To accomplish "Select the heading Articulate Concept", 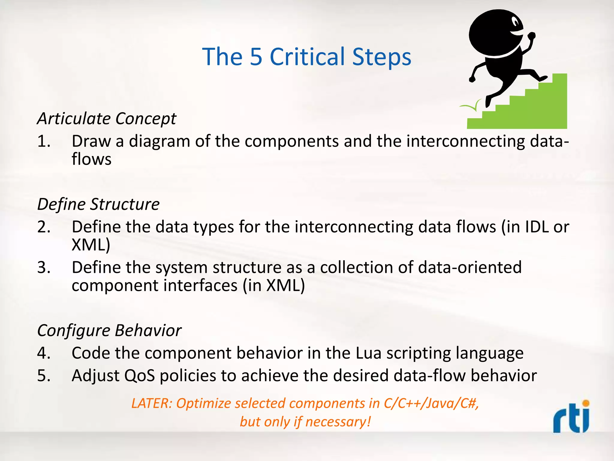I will click(107, 119).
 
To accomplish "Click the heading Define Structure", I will click(98, 204).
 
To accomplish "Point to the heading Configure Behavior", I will click(109, 331).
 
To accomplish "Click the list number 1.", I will click(43, 141).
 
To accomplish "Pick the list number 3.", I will click(43, 267).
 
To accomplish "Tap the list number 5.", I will click(43, 376).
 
